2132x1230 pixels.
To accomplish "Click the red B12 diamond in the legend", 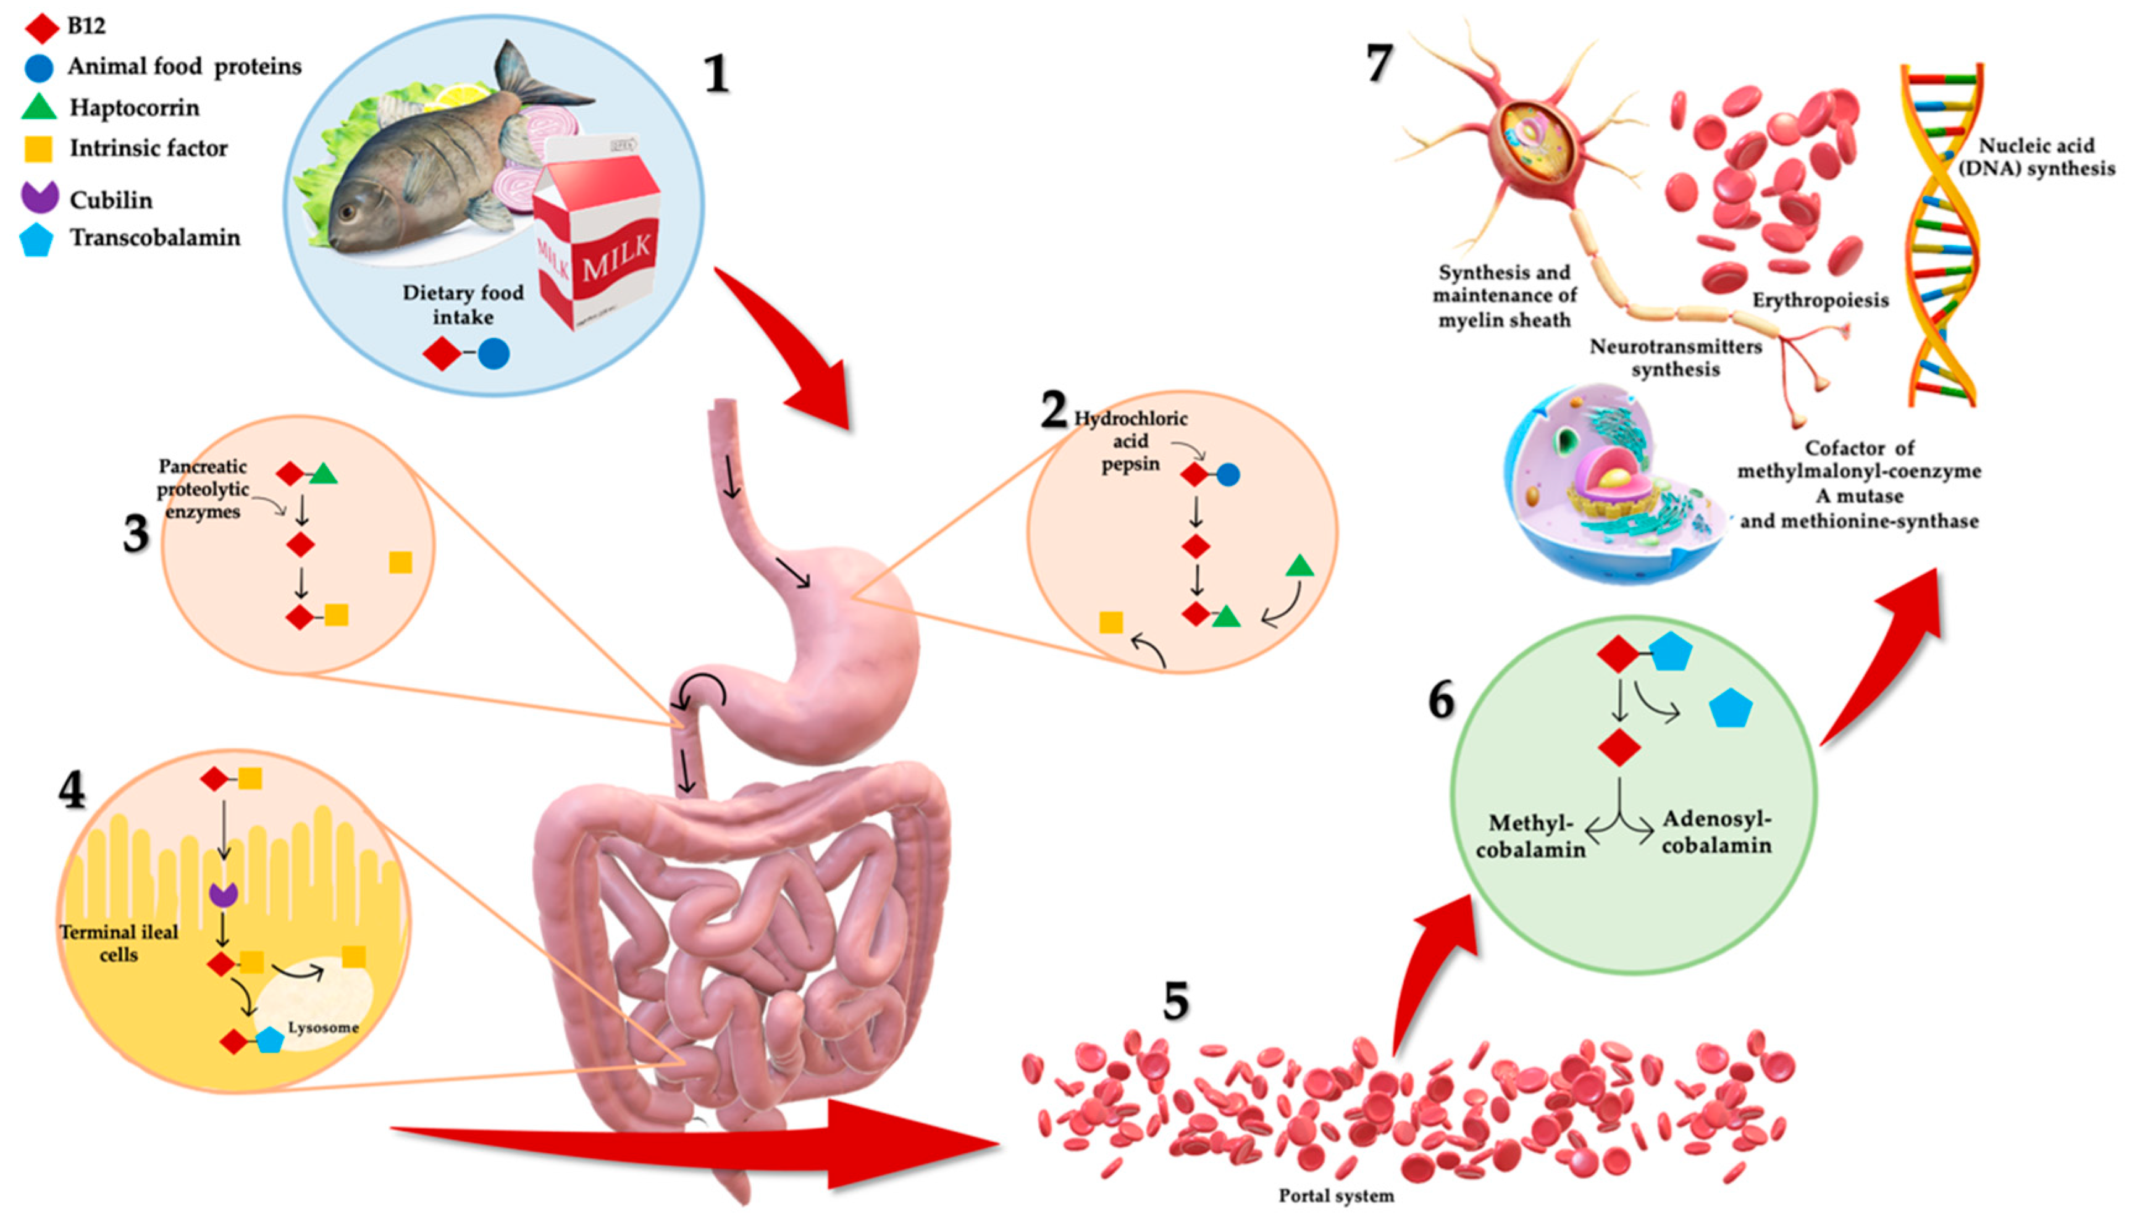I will click(x=41, y=27).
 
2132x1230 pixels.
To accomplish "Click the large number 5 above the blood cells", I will click(x=1175, y=1002).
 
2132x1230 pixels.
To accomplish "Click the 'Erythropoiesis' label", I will click(x=1819, y=301).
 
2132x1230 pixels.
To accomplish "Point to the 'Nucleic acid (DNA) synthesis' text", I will click(x=2036, y=157).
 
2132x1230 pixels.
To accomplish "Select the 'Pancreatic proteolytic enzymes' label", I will click(x=203, y=489).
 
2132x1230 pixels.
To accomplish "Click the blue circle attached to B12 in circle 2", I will click(x=1228, y=475).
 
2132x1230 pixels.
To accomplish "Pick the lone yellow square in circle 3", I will click(x=400, y=563).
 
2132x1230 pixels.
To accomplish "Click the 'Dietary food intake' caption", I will click(x=462, y=305).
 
